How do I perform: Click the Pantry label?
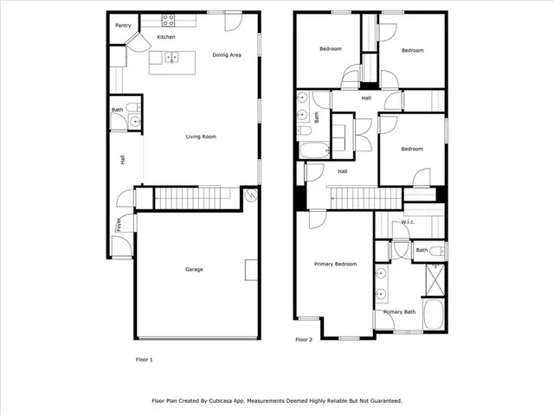click(x=123, y=26)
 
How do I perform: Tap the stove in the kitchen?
click(x=168, y=19)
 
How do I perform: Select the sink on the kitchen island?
click(x=171, y=58)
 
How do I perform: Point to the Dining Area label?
click(x=227, y=54)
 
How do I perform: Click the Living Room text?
click(x=201, y=137)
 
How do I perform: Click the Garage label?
click(x=194, y=269)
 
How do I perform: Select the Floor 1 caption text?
click(x=144, y=358)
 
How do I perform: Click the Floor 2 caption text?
click(x=303, y=340)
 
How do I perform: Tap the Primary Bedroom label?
click(x=335, y=264)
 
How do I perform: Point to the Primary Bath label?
click(x=399, y=311)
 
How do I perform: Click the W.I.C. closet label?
click(x=408, y=223)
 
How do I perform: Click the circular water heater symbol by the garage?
click(x=252, y=195)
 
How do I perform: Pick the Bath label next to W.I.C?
click(x=421, y=251)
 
